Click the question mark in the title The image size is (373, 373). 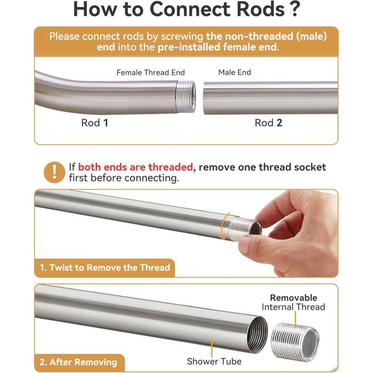pyautogui.click(x=295, y=9)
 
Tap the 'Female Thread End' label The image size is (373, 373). pyautogui.click(x=151, y=72)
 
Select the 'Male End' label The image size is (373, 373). pyautogui.click(x=234, y=72)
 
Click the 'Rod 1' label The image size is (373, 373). pyautogui.click(x=95, y=123)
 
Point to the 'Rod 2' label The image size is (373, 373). pyautogui.click(x=269, y=123)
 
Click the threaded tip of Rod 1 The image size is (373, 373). pyautogui.click(x=186, y=96)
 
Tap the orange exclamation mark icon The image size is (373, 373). pyautogui.click(x=54, y=172)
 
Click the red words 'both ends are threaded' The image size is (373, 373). pyautogui.click(x=135, y=167)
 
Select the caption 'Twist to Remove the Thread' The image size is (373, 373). pyautogui.click(x=110, y=267)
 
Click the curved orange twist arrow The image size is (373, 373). pyautogui.click(x=224, y=226)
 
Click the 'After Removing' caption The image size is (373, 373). pyautogui.click(x=83, y=362)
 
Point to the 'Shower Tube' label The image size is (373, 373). pyautogui.click(x=214, y=361)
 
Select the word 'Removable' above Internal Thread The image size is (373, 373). pyautogui.click(x=294, y=297)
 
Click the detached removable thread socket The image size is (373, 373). pyautogui.click(x=295, y=342)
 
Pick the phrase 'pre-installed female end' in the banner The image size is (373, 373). pyautogui.click(x=217, y=47)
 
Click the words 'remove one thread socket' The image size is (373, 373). pyautogui.click(x=262, y=167)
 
